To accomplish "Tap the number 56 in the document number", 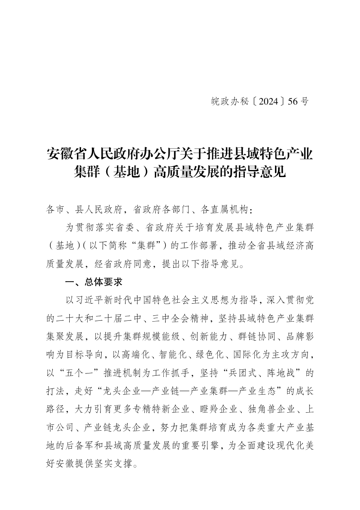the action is [293, 102].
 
